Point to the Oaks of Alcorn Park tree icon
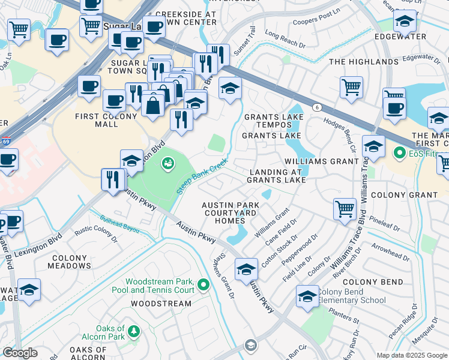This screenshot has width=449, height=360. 133,331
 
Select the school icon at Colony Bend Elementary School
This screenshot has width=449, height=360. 307,297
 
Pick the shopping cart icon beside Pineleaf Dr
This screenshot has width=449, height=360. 345,209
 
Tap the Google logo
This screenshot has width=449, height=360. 20,353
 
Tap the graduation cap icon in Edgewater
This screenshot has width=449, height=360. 405,21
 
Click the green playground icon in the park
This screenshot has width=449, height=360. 169,162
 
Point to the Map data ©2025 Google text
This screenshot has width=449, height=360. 411,355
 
